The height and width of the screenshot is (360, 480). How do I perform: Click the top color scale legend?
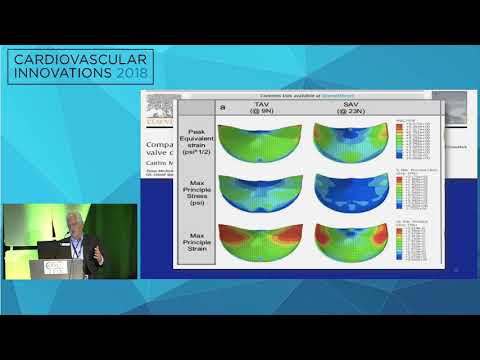coord(411,139)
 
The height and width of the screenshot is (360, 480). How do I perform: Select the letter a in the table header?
coord(222,105)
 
